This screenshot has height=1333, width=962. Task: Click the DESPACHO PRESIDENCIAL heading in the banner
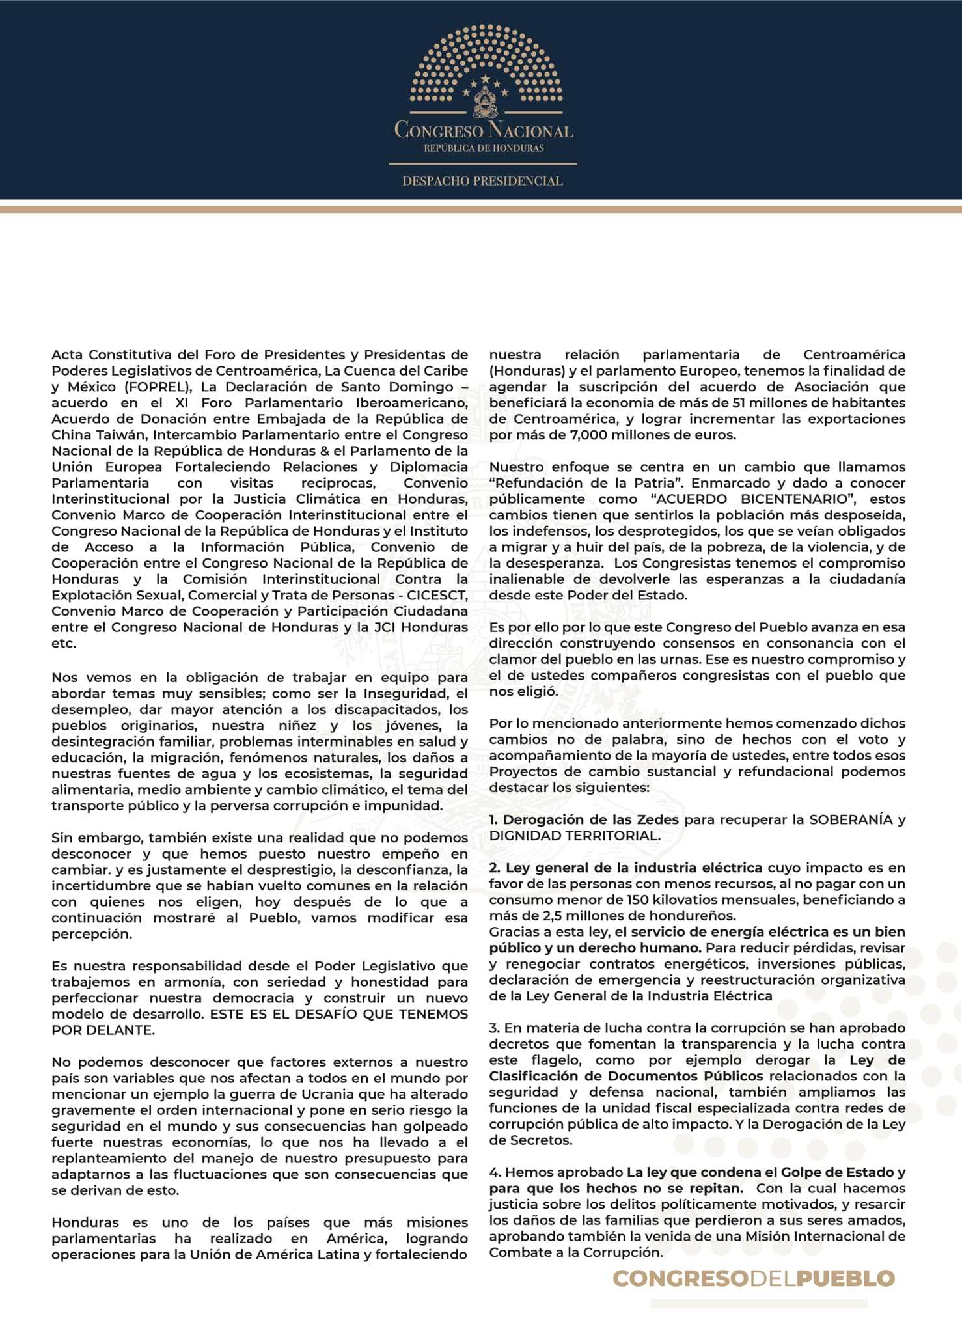point(482,181)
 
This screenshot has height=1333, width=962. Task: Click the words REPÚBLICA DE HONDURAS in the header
point(484,148)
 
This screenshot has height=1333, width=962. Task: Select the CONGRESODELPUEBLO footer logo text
point(754,1278)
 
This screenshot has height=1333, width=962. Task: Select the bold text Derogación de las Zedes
point(590,819)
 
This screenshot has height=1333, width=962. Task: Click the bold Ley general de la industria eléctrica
point(633,868)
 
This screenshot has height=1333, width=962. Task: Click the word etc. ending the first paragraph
point(64,643)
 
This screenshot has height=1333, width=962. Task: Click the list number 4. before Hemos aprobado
point(495,1172)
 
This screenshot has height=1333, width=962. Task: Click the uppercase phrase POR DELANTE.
point(103,1030)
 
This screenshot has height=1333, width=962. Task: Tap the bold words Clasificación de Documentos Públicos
point(625,1076)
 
